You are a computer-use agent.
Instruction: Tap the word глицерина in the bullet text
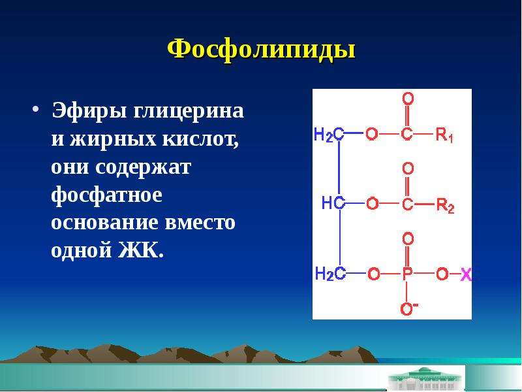(189, 111)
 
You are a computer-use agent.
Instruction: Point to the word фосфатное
(107, 195)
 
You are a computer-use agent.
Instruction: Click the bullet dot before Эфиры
(36, 109)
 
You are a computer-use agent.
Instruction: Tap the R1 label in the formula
(444, 135)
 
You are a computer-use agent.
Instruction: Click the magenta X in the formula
(466, 274)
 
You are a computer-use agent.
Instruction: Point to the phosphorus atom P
(407, 274)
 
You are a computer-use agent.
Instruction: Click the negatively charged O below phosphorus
(408, 308)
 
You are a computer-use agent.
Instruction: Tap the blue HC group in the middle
(333, 203)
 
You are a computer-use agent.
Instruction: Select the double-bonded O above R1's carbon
(408, 99)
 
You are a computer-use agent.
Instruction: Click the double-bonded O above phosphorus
(408, 238)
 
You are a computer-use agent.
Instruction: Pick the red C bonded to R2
(407, 203)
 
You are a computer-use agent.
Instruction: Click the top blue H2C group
(329, 135)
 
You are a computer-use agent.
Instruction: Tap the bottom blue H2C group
(330, 274)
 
